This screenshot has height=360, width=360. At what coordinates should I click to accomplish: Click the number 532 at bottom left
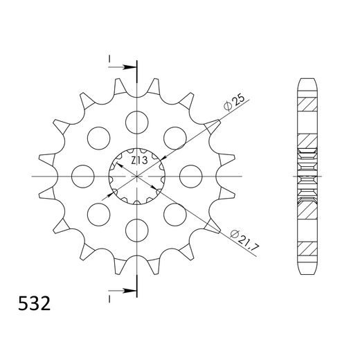(34, 303)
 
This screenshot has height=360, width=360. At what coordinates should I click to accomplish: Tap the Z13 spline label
(139, 161)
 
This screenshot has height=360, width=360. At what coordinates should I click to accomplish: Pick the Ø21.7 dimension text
(245, 241)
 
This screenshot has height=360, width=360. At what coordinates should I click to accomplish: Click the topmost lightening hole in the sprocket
(137, 123)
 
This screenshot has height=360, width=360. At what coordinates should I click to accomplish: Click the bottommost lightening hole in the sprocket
(137, 231)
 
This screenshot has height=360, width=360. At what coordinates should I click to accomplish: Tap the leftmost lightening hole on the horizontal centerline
(83, 177)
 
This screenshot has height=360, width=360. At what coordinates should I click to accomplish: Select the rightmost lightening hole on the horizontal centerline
(191, 177)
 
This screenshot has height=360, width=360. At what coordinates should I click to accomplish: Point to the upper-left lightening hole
(99, 138)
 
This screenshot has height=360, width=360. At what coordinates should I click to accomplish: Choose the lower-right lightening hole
(175, 215)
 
